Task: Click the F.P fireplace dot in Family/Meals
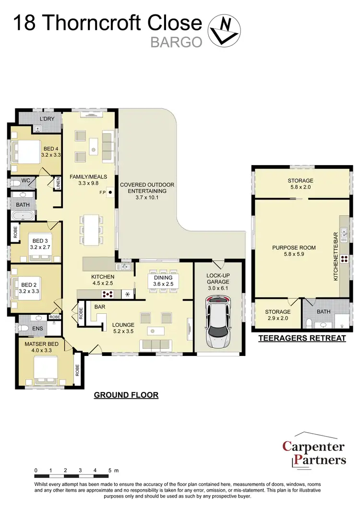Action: [110, 193]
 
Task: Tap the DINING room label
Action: [163, 281]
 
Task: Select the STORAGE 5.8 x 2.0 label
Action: [301, 184]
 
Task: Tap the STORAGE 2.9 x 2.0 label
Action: [277, 315]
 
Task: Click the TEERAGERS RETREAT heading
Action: [302, 338]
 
